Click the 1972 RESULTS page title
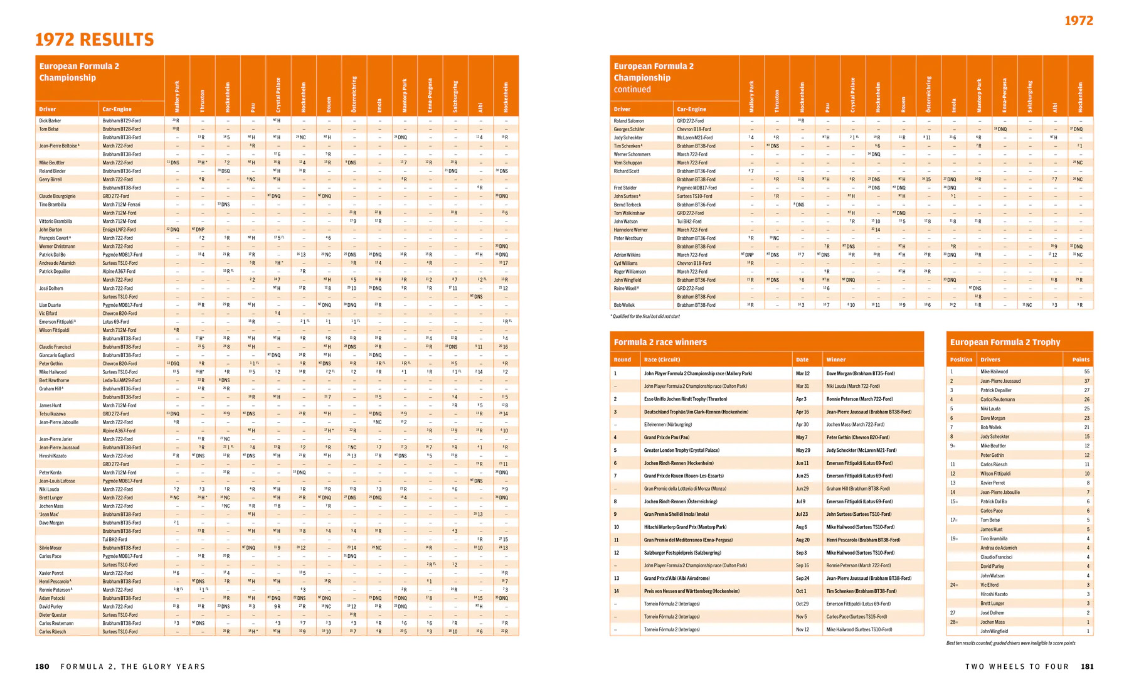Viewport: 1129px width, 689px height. (x=94, y=40)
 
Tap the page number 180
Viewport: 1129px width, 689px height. (x=42, y=666)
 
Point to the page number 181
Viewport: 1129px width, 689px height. (x=1087, y=666)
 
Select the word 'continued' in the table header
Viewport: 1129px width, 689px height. (x=632, y=89)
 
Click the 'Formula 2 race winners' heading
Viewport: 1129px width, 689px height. (x=660, y=342)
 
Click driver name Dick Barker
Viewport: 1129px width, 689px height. (x=50, y=120)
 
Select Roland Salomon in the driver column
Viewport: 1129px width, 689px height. (x=628, y=120)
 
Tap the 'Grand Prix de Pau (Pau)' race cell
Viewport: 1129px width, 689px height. (x=666, y=437)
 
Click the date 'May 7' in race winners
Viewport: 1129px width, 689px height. (x=802, y=437)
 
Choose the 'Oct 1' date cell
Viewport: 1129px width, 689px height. (x=801, y=591)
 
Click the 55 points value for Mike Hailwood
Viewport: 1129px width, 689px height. (x=1086, y=371)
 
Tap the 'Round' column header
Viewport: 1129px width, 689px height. (x=622, y=360)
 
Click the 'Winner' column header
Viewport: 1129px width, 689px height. (x=835, y=360)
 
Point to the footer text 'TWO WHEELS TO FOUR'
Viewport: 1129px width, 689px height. (x=1017, y=666)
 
